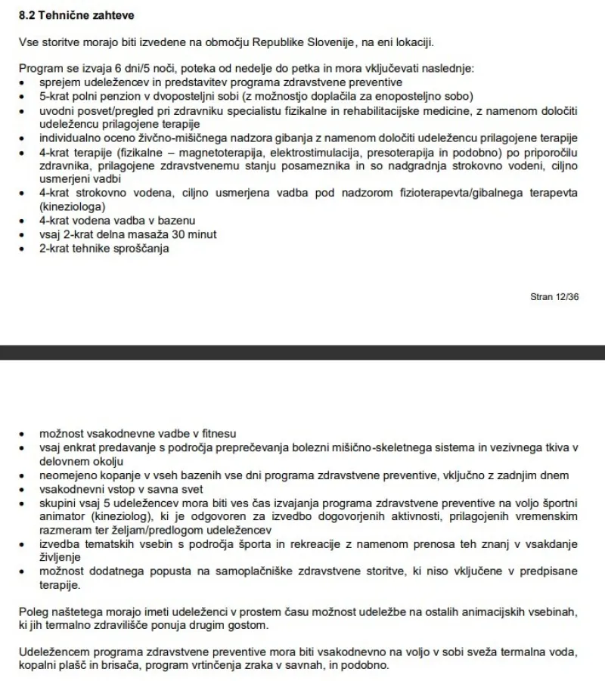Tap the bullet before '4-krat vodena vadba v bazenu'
coord(23,221)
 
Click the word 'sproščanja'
coord(132,248)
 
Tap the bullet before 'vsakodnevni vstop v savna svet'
coord(23,489)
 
